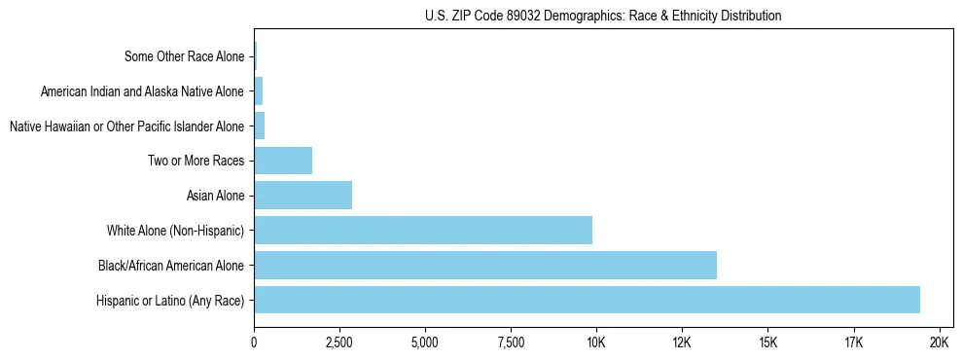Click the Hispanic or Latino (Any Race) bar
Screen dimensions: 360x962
(x=587, y=300)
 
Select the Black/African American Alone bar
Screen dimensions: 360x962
(x=485, y=265)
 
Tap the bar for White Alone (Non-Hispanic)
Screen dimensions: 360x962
(x=423, y=231)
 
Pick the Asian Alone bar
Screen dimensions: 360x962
(x=303, y=196)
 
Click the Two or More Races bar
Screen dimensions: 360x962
(x=283, y=161)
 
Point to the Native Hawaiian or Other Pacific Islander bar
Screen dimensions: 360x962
(x=260, y=126)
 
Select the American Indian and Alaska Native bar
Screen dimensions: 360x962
(x=259, y=91)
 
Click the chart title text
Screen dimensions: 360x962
(x=603, y=16)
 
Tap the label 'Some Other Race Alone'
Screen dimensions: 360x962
(x=185, y=56)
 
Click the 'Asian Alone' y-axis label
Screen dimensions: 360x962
(x=215, y=196)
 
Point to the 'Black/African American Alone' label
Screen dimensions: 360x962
(x=171, y=265)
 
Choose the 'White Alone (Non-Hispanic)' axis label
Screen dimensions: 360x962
(x=176, y=231)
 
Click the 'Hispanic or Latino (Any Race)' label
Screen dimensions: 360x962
(x=170, y=300)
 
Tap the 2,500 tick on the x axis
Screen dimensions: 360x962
(x=339, y=342)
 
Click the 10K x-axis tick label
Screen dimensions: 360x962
(x=596, y=342)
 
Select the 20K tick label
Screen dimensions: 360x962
(x=940, y=342)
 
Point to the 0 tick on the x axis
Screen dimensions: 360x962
(x=254, y=342)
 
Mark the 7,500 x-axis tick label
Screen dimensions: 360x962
(x=511, y=342)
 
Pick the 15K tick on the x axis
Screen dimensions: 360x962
(x=767, y=342)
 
